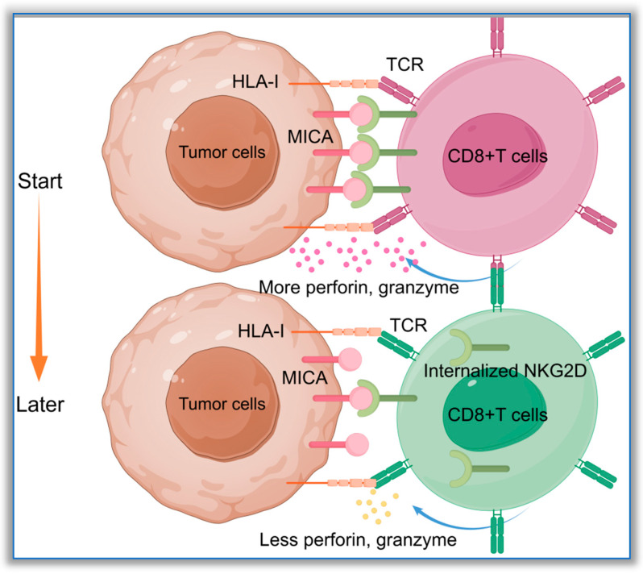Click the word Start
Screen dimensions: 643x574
coord(39,181)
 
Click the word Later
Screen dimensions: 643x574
coord(40,405)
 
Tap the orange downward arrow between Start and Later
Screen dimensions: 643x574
coord(39,287)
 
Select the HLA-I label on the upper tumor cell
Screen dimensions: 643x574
coord(255,81)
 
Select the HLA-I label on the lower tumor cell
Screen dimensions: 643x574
coord(261,331)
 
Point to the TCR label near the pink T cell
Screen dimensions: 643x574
coord(404,64)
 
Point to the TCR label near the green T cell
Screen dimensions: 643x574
coord(409,325)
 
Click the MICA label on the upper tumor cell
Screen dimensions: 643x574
coord(310,136)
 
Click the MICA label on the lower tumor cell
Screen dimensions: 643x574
coord(305,377)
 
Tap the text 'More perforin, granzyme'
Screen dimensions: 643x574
coord(359,287)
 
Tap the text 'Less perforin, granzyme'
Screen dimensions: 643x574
coord(358,539)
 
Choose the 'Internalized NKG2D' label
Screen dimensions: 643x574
coord(504,371)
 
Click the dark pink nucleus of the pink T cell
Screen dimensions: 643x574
coord(495,155)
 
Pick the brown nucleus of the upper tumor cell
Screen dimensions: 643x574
coord(222,152)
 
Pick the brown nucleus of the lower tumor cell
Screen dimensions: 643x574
coord(222,404)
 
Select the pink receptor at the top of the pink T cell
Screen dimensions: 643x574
coord(496,37)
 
